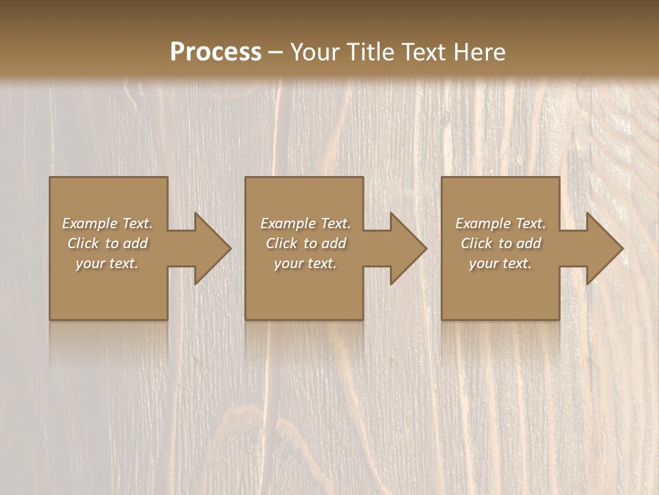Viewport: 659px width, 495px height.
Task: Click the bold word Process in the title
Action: pos(216,52)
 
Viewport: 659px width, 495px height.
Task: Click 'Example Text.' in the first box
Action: pos(107,223)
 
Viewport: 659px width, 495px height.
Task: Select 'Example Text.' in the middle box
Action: pos(305,223)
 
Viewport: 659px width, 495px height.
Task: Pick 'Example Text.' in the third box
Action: pos(500,223)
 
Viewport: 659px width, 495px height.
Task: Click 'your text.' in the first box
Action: pos(107,263)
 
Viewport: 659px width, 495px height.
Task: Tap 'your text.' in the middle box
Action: pos(305,263)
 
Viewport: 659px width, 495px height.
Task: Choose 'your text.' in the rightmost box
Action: pos(500,263)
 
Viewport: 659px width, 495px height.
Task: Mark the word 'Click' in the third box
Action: pos(476,243)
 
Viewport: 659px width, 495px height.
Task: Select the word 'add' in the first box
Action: pos(135,243)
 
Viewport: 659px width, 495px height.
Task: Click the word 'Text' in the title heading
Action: pos(424,52)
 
